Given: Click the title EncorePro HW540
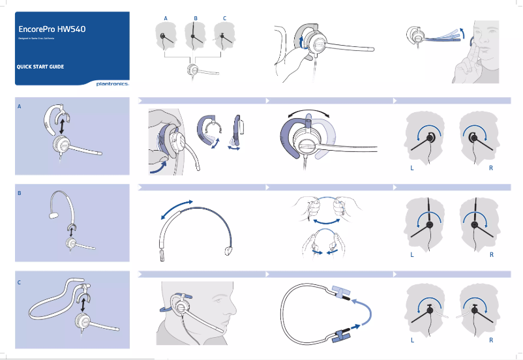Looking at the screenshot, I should [52, 29].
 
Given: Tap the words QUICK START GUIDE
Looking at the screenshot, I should [40, 67].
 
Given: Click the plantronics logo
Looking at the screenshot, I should [112, 83].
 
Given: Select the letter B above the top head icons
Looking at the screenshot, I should [195, 17].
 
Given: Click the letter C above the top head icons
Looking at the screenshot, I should [224, 17].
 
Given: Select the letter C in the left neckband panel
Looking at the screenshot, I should [20, 282].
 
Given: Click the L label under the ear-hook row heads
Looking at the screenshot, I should [411, 168].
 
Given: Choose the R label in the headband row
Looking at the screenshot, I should [491, 255].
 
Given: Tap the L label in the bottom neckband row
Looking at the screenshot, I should [411, 340].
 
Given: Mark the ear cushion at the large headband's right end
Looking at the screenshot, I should [228, 250].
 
